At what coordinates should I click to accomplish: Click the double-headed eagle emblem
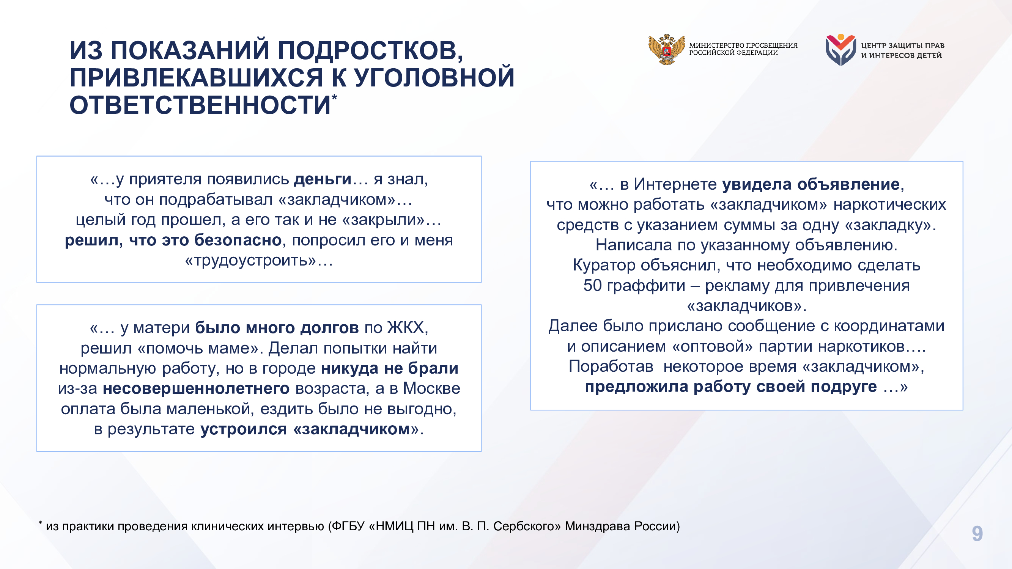click(x=666, y=49)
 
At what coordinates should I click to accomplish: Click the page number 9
click(x=977, y=534)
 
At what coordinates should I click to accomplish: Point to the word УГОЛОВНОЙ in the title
click(x=434, y=78)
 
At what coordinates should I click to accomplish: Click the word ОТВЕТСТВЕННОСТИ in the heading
click(x=200, y=105)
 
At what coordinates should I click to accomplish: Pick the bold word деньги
click(x=323, y=179)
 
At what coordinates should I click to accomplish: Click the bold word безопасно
click(x=238, y=240)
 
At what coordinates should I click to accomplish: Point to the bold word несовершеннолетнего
click(x=196, y=388)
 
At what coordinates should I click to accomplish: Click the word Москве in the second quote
click(x=431, y=388)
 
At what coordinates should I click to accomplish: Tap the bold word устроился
click(x=244, y=429)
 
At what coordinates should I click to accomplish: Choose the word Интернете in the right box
click(x=675, y=184)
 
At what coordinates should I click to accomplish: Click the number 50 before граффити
click(x=592, y=286)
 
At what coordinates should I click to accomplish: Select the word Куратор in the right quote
click(x=604, y=266)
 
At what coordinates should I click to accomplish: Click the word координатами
click(x=889, y=326)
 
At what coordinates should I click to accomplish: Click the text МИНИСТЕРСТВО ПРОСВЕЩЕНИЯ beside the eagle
click(x=743, y=46)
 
